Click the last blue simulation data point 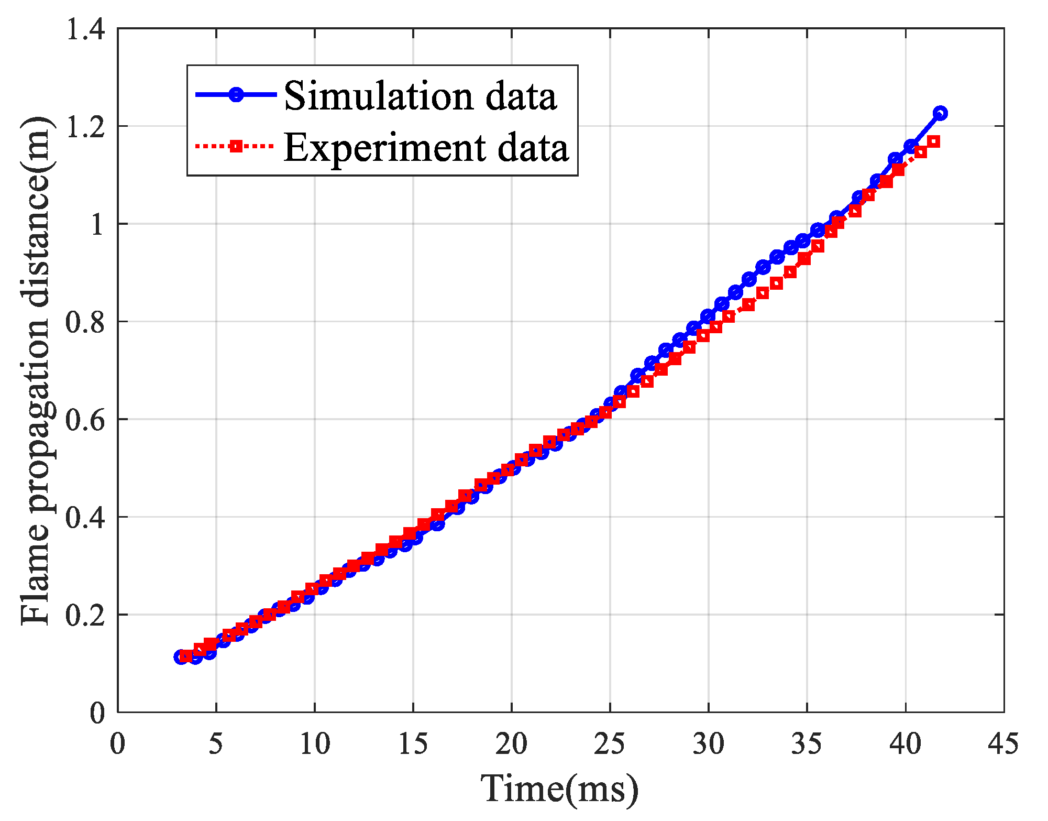coord(940,113)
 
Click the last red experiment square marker coord(933,141)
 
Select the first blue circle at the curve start coord(181,657)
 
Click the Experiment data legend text coord(426,147)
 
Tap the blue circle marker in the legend coord(236,94)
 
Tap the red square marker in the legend coord(236,146)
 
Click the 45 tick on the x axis coord(1003,743)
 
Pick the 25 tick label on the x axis coord(610,743)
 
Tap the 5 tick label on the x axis coord(216,743)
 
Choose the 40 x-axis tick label coord(905,743)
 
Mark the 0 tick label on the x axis coord(118,743)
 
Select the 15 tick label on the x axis coord(413,743)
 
